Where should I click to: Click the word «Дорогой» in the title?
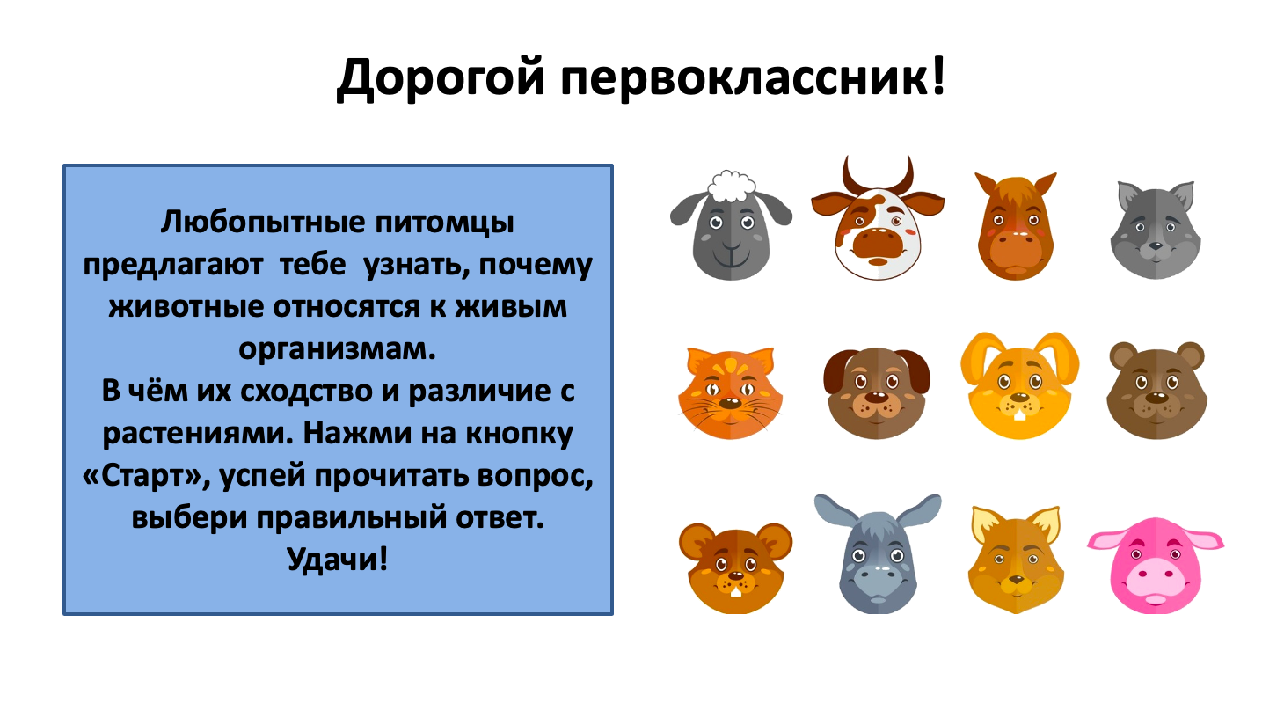point(441,79)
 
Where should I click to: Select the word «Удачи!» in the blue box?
point(338,559)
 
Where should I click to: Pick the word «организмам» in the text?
point(338,349)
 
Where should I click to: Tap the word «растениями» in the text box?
point(199,434)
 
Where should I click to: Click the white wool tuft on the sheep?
point(732,186)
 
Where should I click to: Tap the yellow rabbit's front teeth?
point(1019,415)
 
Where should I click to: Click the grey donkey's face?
point(877,554)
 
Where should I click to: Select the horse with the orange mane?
point(1016,226)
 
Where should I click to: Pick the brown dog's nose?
point(877,397)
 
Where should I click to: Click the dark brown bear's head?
point(1156,391)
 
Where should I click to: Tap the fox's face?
point(1016,560)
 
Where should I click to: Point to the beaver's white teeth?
point(736,592)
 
